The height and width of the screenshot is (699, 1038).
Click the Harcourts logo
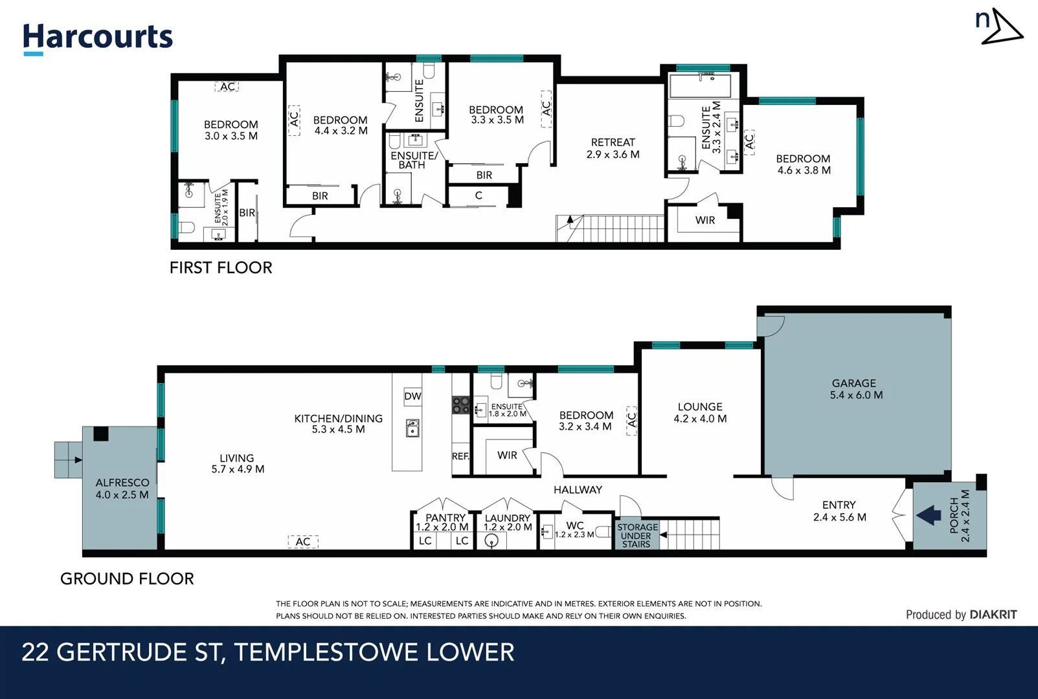98,39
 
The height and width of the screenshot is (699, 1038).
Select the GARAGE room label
853,384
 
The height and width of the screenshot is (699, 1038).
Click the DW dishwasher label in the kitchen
412,396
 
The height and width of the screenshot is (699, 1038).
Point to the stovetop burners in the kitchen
461,405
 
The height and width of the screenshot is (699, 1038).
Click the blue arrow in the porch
929,515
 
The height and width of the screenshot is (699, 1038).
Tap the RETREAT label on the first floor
613,142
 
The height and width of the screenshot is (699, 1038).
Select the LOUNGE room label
700,406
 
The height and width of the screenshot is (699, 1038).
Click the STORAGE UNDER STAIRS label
637,535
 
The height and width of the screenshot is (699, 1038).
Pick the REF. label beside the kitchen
460,456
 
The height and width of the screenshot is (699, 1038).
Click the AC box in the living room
303,542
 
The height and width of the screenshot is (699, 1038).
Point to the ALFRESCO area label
122,483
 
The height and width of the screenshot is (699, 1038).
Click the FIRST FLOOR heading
221,268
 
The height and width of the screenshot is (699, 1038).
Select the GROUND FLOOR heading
127,579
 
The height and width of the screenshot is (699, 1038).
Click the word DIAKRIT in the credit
993,615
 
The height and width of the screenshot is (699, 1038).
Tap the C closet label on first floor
479,195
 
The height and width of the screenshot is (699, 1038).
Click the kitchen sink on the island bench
412,428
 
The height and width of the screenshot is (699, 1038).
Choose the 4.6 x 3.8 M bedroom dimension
804,170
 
